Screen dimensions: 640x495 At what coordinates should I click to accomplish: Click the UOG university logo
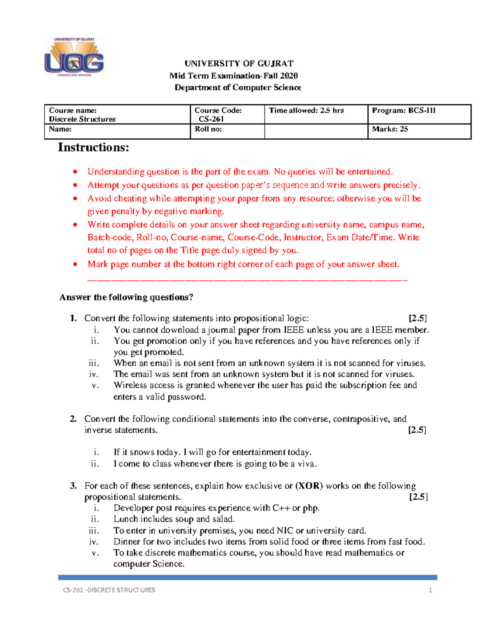74,57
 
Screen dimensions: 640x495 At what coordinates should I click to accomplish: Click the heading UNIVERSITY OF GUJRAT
239,63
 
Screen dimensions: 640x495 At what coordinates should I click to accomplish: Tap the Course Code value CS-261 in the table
211,119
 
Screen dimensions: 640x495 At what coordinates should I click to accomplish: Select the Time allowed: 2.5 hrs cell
306,110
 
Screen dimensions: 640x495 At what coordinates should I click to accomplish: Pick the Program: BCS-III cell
404,110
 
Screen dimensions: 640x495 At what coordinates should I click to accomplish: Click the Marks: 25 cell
390,129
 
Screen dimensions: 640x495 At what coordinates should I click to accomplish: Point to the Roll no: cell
208,129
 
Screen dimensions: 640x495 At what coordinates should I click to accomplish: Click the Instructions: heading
94,147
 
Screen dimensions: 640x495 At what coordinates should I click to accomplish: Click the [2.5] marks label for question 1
417,318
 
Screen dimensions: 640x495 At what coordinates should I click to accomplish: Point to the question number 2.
73,419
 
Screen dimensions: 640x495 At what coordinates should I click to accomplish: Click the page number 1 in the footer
430,590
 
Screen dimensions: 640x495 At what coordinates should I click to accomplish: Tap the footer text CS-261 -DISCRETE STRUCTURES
109,590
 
